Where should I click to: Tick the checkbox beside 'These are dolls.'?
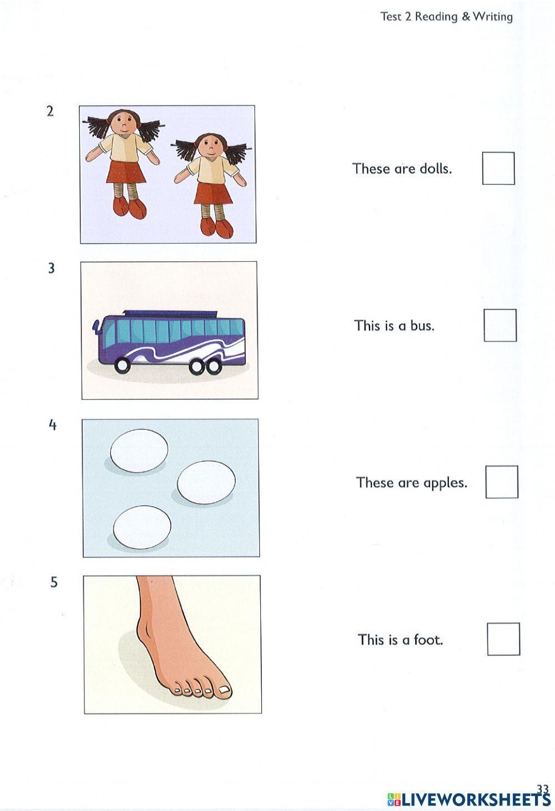(498, 168)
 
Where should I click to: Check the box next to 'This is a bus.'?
(500, 325)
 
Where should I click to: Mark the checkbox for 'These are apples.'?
(502, 482)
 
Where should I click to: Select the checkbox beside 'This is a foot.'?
(503, 639)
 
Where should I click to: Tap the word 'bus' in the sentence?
(422, 326)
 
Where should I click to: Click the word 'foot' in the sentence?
(428, 640)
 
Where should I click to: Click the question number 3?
(52, 268)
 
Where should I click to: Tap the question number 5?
(54, 582)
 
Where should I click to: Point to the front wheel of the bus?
(122, 366)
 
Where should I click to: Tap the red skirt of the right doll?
(213, 192)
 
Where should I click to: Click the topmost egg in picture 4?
(139, 451)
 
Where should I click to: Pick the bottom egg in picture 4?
(142, 527)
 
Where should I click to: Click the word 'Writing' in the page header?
(493, 17)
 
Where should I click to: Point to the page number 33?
(543, 788)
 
